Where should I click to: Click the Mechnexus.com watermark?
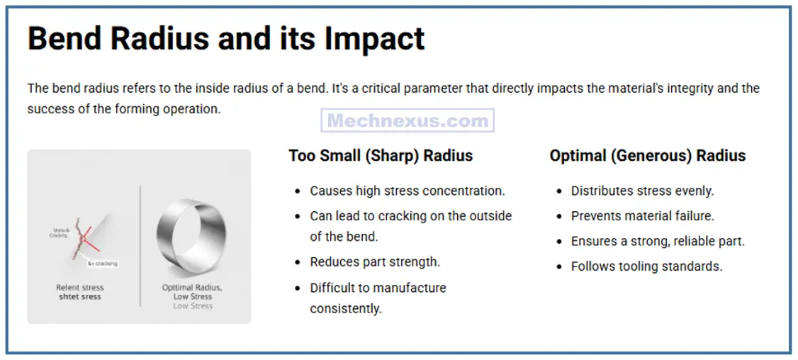coord(408,120)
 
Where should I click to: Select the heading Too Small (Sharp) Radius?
coord(381,155)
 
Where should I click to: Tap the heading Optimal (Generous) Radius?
coord(648,155)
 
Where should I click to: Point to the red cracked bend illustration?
coord(84,240)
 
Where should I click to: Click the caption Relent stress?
coord(80,288)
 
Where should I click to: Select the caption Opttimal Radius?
coord(192,288)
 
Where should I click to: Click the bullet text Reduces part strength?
coord(375,261)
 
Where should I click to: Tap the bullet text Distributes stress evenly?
coord(642,191)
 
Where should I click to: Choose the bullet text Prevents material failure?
coord(642,215)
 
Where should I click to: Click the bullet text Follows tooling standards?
coord(646,266)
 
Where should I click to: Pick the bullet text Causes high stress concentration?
coord(408,191)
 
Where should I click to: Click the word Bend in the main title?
coord(65,38)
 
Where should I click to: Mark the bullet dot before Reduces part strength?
coord(297,262)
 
